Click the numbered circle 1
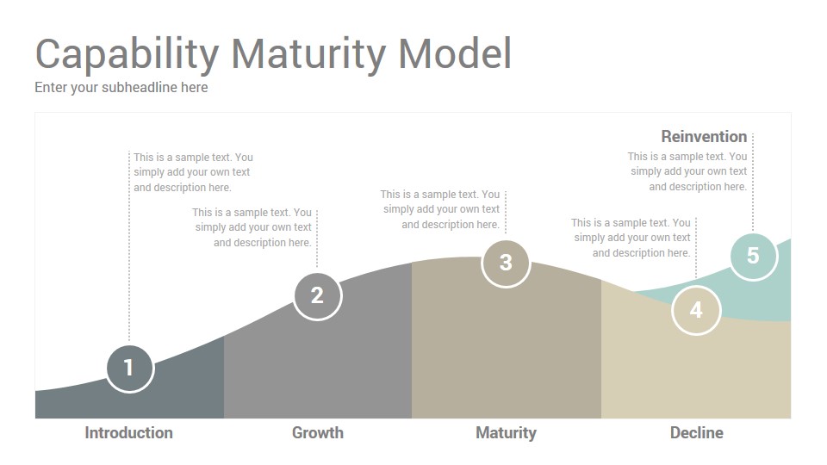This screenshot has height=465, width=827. click(130, 368)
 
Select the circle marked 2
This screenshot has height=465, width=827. click(318, 295)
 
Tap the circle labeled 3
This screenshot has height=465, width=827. click(506, 263)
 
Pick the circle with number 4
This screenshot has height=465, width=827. click(696, 310)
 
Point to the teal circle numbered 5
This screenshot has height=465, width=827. click(753, 257)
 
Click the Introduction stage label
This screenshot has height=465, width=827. click(128, 433)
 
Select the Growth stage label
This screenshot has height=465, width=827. click(318, 433)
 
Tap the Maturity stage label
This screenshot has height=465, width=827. click(506, 433)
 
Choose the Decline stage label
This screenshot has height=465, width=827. click(696, 433)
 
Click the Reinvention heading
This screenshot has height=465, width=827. click(704, 137)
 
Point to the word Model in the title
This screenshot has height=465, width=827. click(455, 53)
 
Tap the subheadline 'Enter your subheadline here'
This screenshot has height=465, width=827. click(121, 88)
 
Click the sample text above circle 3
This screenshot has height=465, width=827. click(440, 209)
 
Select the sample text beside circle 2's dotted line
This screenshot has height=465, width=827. click(252, 227)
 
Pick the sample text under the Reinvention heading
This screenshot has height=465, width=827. click(687, 171)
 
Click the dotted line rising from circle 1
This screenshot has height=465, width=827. click(129, 247)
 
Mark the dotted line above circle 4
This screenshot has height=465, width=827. click(696, 247)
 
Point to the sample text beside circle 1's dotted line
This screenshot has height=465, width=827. click(193, 172)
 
